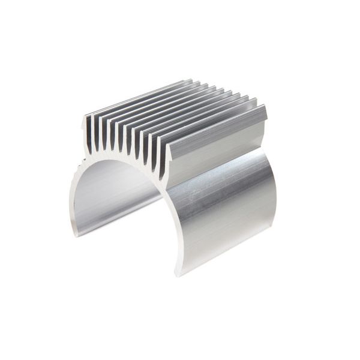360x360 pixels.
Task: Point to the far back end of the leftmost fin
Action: [x=191, y=79]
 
